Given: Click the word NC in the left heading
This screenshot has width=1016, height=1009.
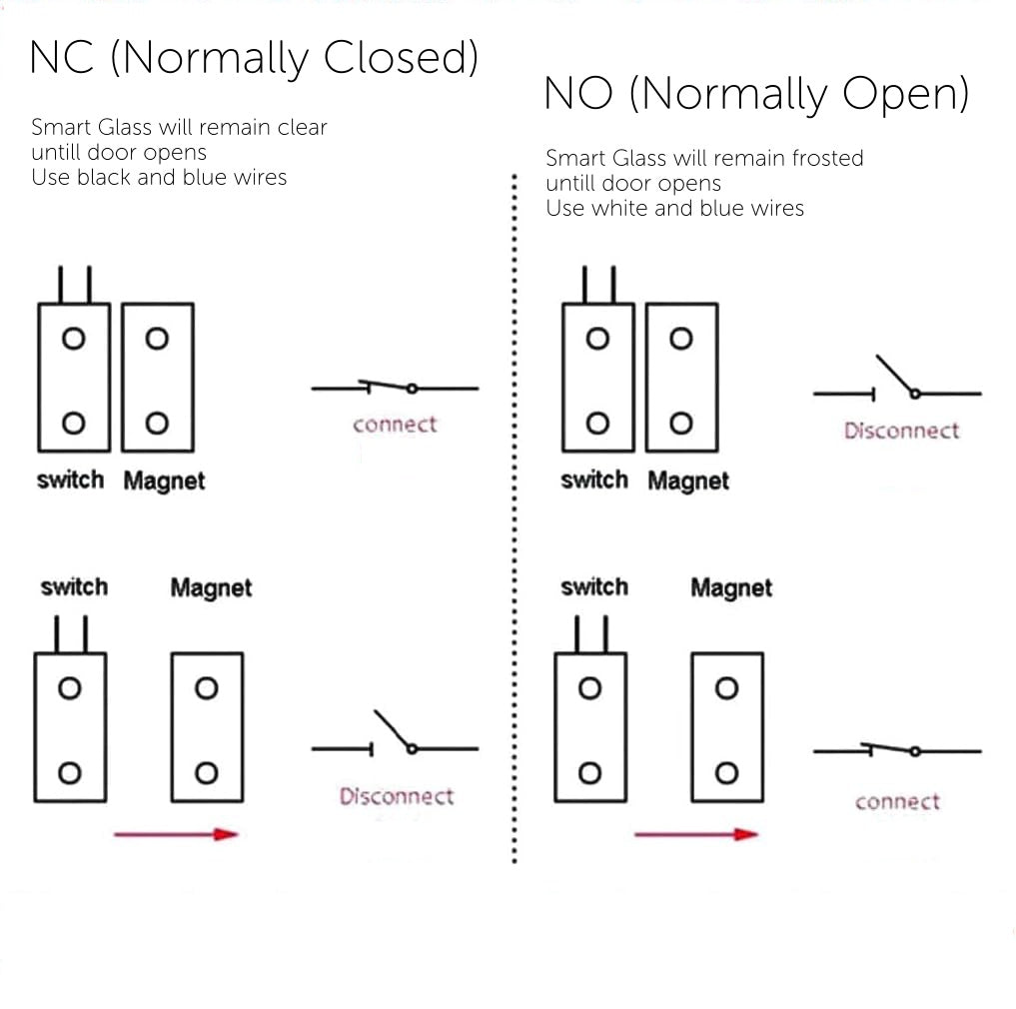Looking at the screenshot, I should click(x=62, y=58).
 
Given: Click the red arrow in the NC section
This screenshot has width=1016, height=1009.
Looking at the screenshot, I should click(x=176, y=834).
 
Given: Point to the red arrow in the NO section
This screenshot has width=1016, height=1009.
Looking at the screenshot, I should click(x=696, y=834).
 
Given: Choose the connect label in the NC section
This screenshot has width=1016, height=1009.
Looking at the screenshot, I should click(x=395, y=425).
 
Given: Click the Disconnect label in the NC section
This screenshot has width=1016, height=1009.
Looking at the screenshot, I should click(x=396, y=797).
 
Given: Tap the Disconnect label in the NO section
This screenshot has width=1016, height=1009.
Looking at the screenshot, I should click(x=901, y=432).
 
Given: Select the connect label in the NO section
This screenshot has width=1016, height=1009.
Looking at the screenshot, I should click(x=897, y=802).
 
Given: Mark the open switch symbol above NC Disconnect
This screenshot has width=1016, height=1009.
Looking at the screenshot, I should click(x=395, y=739).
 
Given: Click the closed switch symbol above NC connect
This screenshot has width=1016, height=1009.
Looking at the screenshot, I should click(x=395, y=388).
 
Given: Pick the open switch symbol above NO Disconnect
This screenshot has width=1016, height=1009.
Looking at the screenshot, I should click(x=896, y=385).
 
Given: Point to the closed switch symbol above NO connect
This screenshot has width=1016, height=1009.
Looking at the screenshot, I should click(x=896, y=750).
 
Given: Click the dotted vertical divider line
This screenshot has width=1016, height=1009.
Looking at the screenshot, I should click(x=514, y=519).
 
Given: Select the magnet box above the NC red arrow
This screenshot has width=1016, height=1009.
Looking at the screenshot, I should click(x=207, y=727).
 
